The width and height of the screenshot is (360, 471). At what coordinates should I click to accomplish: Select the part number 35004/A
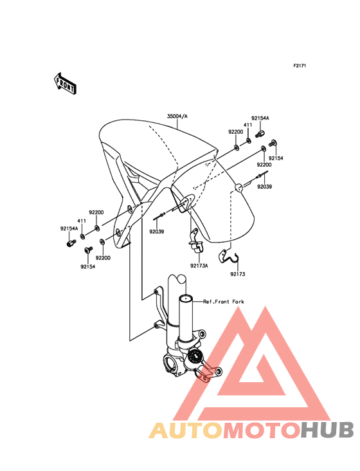[177, 116]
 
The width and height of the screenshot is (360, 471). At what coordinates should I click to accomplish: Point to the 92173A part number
[199, 266]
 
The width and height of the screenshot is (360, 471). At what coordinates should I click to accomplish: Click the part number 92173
[238, 274]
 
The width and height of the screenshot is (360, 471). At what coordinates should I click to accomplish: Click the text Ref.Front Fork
[224, 302]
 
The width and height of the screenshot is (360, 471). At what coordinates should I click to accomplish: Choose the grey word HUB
[328, 430]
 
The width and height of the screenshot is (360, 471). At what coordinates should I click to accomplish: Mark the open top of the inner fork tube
[186, 299]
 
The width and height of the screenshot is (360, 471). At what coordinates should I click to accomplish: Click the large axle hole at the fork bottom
[170, 364]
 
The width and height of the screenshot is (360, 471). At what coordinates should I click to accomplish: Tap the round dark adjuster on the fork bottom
[195, 358]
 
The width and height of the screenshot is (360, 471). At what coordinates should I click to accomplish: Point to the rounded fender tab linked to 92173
[239, 187]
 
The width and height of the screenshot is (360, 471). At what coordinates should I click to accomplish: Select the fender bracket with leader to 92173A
[186, 203]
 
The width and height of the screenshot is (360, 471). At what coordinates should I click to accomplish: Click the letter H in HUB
[310, 430]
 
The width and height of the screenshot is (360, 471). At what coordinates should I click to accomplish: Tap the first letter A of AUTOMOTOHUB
[158, 430]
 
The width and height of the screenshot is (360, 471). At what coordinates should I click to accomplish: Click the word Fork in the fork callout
[238, 302]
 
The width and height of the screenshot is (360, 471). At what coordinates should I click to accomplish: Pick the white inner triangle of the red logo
[251, 377]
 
